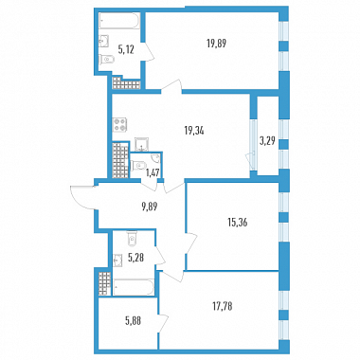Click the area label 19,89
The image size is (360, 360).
point(217,43)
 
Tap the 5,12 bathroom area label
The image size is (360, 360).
point(126,50)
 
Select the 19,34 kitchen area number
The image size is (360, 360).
point(194,130)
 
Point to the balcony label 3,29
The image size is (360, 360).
point(268,141)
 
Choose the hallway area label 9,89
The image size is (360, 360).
point(150,207)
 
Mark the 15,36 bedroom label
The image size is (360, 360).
point(237,223)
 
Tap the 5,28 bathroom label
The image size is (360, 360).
point(135,259)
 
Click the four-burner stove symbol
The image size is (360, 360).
point(120,124)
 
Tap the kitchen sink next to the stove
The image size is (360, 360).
point(140,144)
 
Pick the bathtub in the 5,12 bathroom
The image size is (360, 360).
point(119,21)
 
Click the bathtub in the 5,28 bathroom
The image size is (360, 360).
point(134,287)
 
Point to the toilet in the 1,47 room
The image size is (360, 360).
point(137,166)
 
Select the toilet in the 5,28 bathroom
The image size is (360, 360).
point(131,238)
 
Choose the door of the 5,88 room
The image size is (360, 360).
point(164,323)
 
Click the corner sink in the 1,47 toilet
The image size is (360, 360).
point(156,158)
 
